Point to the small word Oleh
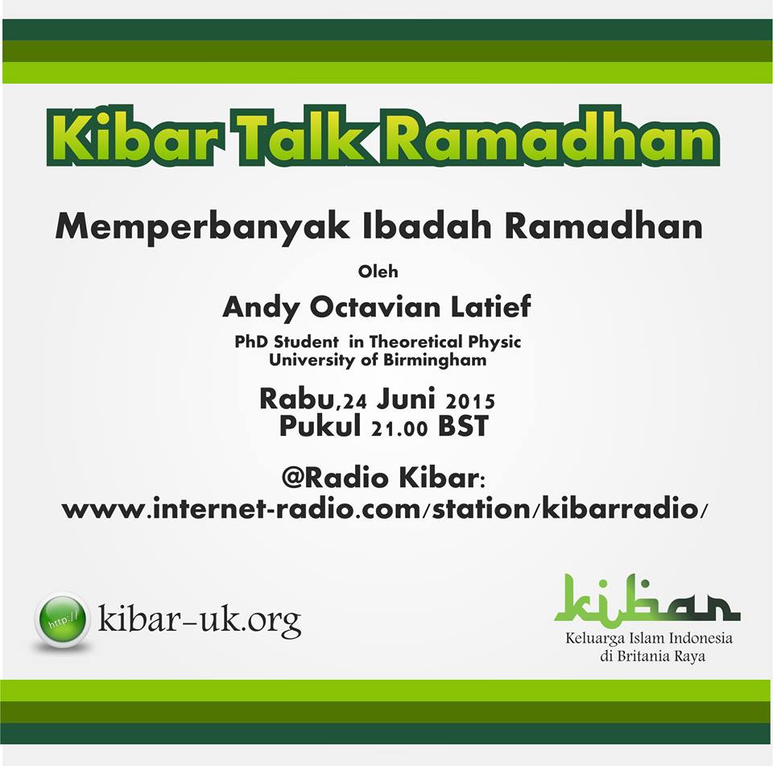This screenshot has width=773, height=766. (x=378, y=271)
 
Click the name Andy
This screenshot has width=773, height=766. (x=262, y=308)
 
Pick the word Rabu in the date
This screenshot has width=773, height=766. (x=296, y=399)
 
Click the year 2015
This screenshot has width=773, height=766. (x=469, y=401)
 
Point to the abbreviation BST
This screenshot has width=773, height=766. (x=464, y=426)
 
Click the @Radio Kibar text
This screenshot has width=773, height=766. (x=383, y=478)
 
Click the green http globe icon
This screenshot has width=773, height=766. (x=62, y=619)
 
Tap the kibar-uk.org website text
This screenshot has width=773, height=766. (x=200, y=620)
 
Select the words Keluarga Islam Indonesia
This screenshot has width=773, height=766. (x=649, y=638)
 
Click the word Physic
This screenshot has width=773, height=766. (x=494, y=342)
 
